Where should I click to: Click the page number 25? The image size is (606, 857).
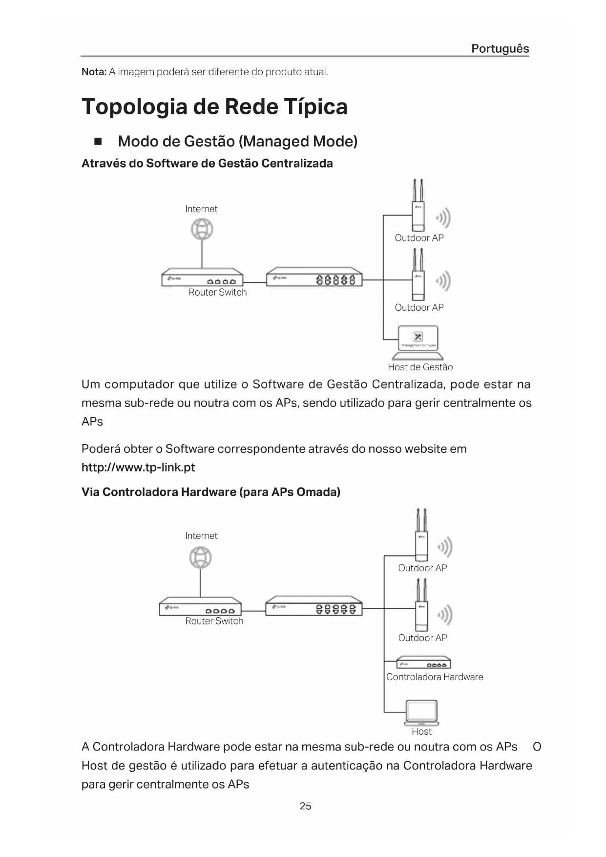click(305, 806)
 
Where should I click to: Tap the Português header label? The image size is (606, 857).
click(500, 48)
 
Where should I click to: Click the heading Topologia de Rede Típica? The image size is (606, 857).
click(214, 107)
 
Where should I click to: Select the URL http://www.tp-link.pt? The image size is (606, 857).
click(138, 468)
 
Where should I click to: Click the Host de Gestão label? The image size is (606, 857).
click(420, 367)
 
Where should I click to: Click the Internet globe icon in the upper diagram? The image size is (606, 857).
click(202, 229)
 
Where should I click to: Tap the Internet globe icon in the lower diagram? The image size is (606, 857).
click(200, 557)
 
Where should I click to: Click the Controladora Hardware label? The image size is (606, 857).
click(435, 677)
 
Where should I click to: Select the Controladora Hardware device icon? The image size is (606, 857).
click(423, 663)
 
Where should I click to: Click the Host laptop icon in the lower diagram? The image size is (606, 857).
click(421, 713)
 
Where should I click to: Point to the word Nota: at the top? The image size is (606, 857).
click(94, 72)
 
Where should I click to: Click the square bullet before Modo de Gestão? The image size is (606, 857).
click(98, 142)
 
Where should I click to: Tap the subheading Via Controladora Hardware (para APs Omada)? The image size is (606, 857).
click(210, 492)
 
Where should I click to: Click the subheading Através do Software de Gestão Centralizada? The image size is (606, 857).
click(207, 163)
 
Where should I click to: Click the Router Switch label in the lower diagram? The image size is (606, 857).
click(214, 621)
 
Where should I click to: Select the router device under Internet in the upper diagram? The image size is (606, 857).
click(202, 278)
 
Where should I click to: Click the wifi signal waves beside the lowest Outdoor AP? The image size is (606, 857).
click(445, 615)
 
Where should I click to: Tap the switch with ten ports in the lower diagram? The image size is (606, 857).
click(314, 606)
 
